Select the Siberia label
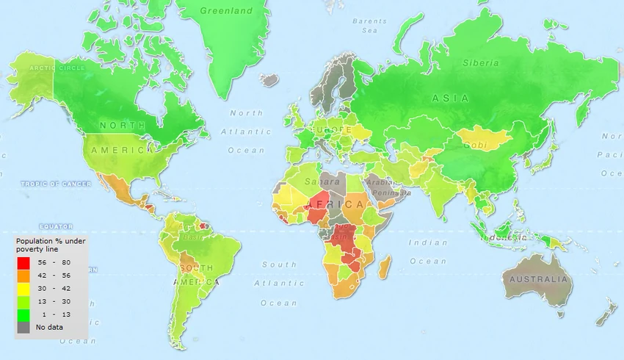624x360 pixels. [x=480, y=63]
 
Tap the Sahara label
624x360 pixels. [x=322, y=180]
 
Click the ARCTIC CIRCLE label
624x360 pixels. [x=53, y=68]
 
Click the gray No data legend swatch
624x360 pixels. [x=23, y=328]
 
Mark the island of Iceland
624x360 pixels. [x=269, y=78]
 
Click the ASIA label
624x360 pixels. [x=446, y=98]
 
